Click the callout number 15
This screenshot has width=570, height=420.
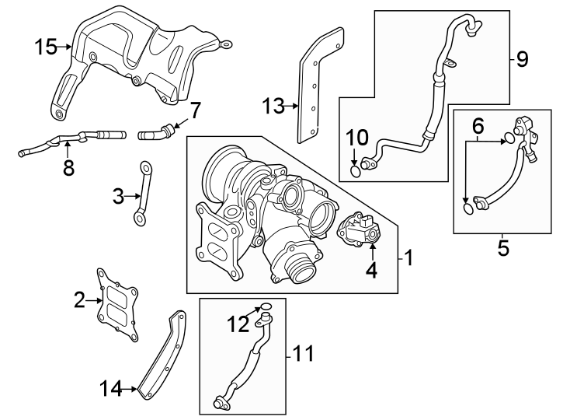[x=45, y=47]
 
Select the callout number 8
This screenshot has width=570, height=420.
[x=68, y=167]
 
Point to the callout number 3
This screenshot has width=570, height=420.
[x=118, y=197]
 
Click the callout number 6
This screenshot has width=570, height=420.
[x=478, y=124]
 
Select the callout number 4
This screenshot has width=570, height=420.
[x=371, y=271]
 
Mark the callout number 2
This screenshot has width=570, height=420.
[x=79, y=299]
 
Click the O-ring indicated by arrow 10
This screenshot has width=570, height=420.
[x=356, y=172]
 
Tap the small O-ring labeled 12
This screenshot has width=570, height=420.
[x=265, y=306]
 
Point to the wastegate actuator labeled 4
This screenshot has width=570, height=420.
[x=358, y=230]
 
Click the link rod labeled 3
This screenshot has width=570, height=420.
[x=142, y=194]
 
